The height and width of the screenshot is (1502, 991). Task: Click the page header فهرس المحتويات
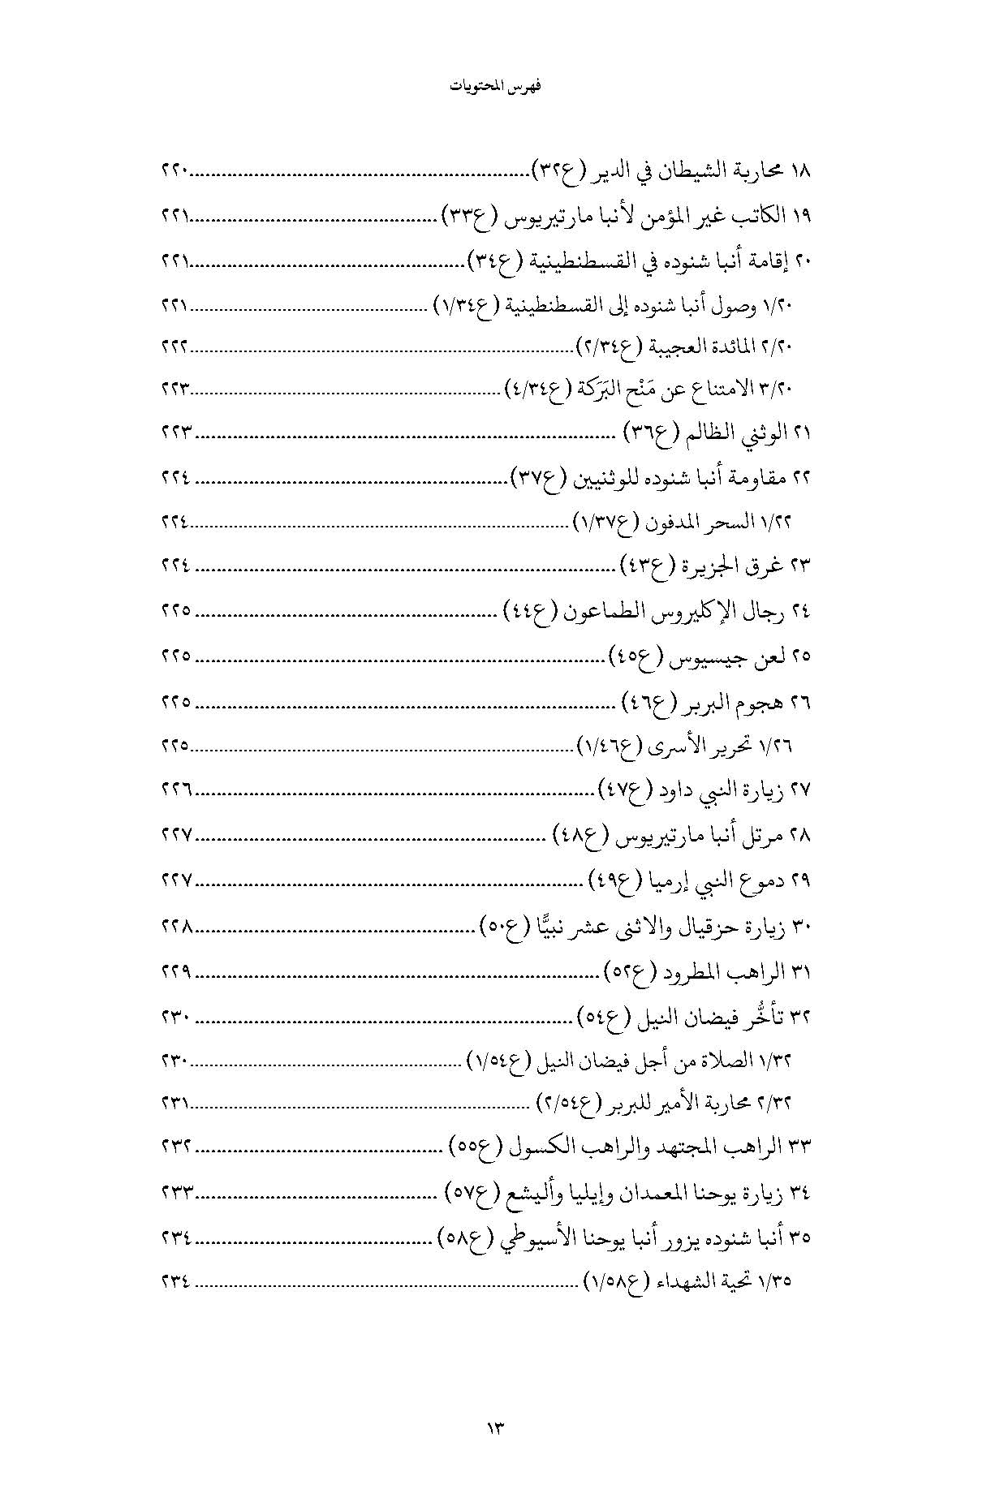tap(495, 87)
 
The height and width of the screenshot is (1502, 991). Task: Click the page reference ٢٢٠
tap(175, 172)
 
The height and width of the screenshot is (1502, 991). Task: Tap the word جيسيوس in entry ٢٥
tap(697, 655)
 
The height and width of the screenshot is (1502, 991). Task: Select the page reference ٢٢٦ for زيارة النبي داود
tap(175, 789)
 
